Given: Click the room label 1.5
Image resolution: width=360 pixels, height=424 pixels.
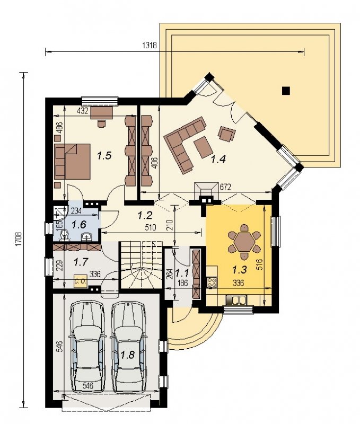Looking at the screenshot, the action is pyautogui.click(x=104, y=156).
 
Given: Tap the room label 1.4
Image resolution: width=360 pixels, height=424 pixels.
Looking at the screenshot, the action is pyautogui.click(x=218, y=160).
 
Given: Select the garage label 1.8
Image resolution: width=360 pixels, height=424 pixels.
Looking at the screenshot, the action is pyautogui.click(x=128, y=355).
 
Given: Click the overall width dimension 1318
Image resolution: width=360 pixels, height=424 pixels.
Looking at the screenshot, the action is pyautogui.click(x=150, y=45).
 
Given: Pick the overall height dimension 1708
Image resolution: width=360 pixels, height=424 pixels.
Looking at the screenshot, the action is pyautogui.click(x=19, y=239).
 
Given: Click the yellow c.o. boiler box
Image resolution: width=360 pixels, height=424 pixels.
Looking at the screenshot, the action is pyautogui.click(x=81, y=281).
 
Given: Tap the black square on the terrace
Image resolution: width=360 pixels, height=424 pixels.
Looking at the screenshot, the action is pyautogui.click(x=286, y=91).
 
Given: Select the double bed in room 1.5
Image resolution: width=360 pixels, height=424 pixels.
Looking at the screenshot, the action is pyautogui.click(x=73, y=162).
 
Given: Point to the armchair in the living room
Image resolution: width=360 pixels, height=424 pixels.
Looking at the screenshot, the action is pyautogui.click(x=226, y=134).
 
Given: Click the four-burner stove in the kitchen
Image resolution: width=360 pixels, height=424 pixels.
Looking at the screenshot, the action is pyautogui.click(x=212, y=282).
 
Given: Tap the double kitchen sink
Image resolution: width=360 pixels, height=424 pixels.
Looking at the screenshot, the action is pyautogui.click(x=236, y=300).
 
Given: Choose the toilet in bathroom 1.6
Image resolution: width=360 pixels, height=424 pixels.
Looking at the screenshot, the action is pyautogui.click(x=64, y=235).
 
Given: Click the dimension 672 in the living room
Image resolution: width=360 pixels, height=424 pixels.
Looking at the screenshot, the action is pyautogui.click(x=225, y=187).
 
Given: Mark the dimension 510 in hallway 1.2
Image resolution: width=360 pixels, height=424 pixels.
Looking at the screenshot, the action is pyautogui.click(x=151, y=227).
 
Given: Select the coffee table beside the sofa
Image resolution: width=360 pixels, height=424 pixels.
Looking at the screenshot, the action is pyautogui.click(x=203, y=147).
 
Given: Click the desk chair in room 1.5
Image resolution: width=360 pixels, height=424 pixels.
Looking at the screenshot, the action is pyautogui.click(x=101, y=123).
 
